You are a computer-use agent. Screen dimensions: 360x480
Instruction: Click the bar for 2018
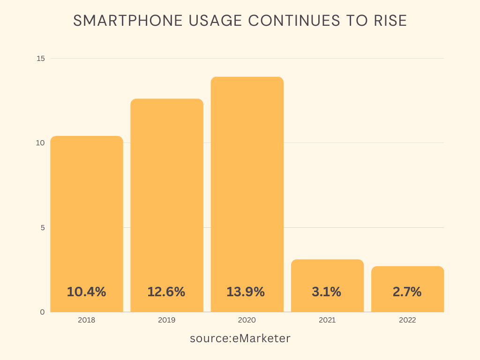(87, 211)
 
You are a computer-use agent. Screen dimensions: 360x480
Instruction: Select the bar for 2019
(167, 197)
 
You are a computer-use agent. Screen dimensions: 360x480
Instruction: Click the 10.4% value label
(87, 292)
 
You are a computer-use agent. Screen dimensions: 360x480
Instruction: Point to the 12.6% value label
(166, 292)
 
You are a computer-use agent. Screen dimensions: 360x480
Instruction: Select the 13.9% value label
(246, 292)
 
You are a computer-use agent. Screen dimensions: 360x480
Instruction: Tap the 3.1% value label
(327, 292)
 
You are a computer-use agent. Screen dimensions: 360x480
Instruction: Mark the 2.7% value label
(407, 292)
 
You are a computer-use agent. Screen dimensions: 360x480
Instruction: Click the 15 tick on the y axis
(41, 58)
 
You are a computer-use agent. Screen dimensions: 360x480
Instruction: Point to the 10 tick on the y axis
(41, 143)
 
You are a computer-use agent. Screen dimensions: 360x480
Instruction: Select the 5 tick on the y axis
(42, 228)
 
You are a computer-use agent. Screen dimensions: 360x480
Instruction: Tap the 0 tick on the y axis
(42, 312)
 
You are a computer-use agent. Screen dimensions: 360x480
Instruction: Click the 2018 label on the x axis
(87, 320)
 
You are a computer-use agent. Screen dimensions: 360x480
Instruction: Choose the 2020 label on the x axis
(247, 320)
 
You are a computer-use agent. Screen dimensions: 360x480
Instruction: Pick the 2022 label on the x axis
(407, 320)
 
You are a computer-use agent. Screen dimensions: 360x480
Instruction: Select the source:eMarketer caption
(240, 338)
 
